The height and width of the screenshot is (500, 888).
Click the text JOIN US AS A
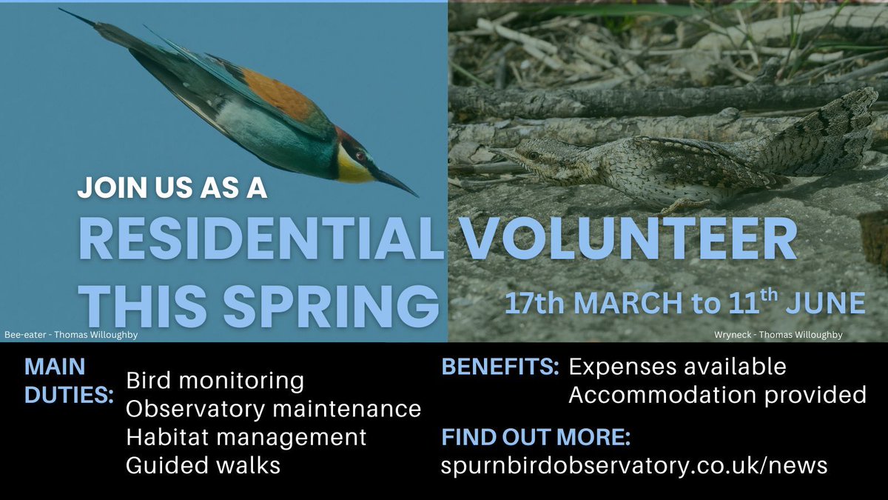(172, 189)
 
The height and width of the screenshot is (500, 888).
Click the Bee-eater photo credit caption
(71, 335)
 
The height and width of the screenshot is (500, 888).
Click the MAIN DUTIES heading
(67, 381)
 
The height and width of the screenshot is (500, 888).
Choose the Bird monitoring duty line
(215, 381)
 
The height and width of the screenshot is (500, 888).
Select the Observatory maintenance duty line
(273, 409)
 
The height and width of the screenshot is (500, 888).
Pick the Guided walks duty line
(203, 465)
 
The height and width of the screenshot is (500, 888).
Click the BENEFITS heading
(499, 367)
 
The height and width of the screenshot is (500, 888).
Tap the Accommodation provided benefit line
(717, 395)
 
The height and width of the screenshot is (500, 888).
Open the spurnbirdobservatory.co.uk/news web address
(634, 466)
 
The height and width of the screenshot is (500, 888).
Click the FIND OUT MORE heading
(536, 437)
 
